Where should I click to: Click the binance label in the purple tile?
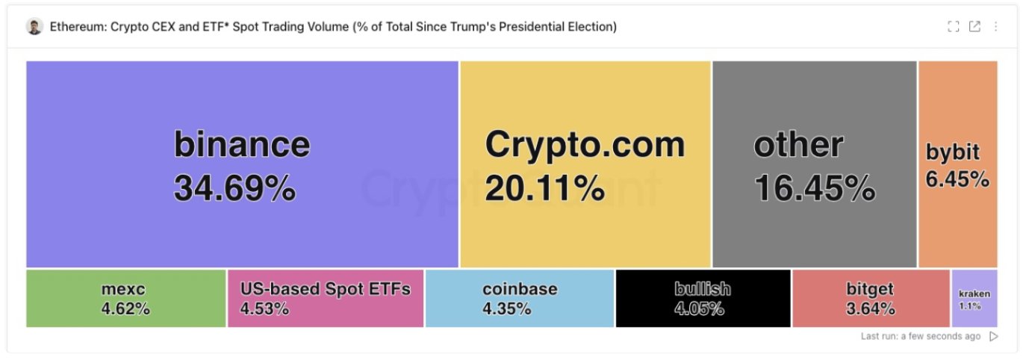[241, 143]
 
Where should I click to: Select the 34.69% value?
[234, 188]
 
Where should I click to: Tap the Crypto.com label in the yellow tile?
[584, 143]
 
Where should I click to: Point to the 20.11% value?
[544, 188]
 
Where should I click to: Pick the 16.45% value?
[814, 188]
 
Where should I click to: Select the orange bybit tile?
[957, 164]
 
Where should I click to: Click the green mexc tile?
[125, 298]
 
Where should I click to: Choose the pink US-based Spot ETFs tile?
[325, 298]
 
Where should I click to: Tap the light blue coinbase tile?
[519, 298]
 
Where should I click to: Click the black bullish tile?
[702, 298]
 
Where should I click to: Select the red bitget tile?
[870, 298]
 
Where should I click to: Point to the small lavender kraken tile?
[974, 299]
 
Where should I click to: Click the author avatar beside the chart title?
[34, 27]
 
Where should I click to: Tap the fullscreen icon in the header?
[953, 27]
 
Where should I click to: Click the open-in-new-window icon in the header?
[974, 27]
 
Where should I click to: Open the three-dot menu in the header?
[995, 27]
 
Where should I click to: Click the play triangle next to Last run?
[993, 337]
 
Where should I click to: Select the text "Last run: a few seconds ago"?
[920, 337]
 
